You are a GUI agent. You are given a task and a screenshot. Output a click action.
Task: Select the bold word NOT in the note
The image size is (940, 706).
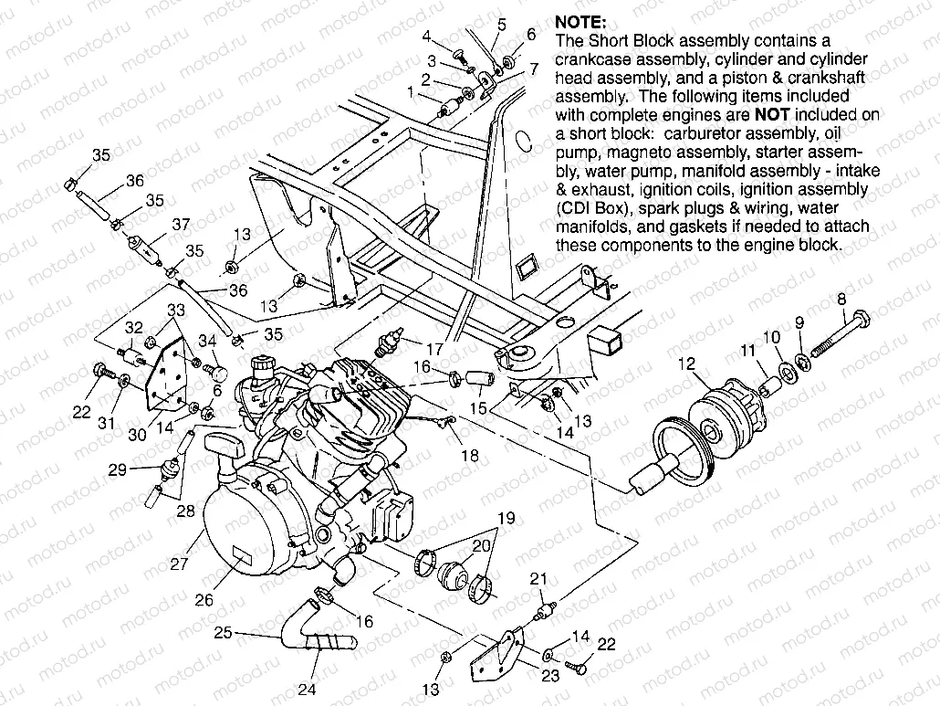[768, 115]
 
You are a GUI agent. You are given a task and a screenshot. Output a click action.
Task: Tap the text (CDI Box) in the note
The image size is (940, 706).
[592, 208]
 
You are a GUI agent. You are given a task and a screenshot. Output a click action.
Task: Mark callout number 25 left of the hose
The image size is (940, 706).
[222, 632]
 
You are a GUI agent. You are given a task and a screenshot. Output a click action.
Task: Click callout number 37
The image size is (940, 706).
[180, 225]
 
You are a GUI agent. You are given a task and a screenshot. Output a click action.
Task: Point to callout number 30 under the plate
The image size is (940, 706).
[137, 436]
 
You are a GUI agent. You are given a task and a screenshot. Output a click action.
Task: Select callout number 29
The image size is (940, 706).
[117, 470]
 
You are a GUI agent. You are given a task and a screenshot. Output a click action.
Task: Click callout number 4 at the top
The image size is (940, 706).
[426, 36]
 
